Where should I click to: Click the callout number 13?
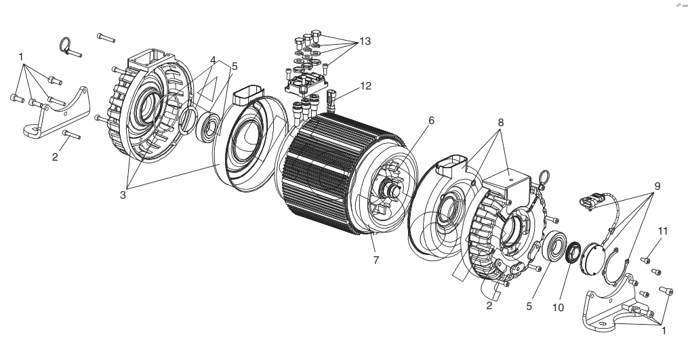click(365, 41)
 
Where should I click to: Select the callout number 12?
click(365, 86)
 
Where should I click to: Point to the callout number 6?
click(431, 120)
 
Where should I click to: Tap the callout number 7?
click(376, 260)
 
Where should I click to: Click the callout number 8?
click(501, 123)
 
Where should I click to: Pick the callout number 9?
click(657, 186)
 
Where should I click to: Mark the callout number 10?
click(558, 308)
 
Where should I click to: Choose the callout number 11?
click(662, 231)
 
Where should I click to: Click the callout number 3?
click(123, 195)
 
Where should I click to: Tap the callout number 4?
click(213, 60)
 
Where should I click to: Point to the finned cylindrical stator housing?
click(340, 174)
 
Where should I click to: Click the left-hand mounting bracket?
click(57, 113)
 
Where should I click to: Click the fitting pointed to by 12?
click(330, 100)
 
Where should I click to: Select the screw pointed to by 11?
click(645, 260)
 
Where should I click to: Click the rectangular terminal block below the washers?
click(306, 84)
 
